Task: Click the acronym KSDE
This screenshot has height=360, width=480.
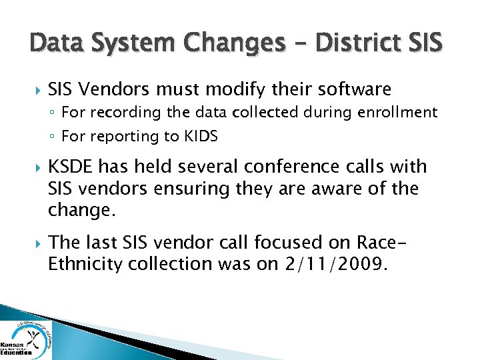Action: coord(71,167)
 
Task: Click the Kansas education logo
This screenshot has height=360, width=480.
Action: coord(26,339)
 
